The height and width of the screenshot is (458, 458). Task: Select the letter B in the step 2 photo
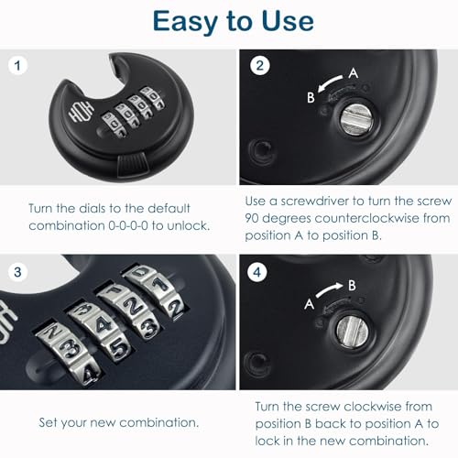pos(312,95)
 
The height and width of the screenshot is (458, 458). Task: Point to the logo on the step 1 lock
pos(74,120)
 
